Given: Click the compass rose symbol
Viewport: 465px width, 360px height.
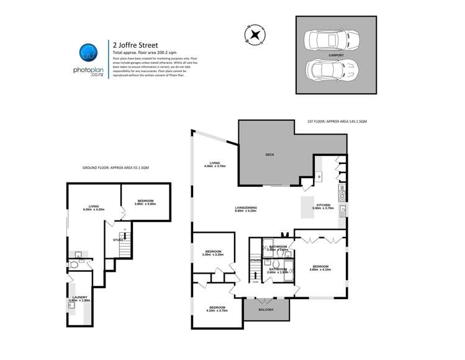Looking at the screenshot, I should point(255,34).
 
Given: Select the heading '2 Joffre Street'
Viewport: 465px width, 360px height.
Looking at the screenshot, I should point(135,45).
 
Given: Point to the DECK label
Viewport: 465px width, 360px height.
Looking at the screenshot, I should point(269,155).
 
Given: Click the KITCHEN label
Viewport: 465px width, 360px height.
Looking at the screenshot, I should point(325,205).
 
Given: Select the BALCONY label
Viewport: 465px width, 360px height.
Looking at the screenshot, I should point(266,309).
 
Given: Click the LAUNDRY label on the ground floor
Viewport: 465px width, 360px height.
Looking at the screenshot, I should point(81,297).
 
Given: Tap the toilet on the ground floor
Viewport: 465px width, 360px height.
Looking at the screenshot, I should point(73,264).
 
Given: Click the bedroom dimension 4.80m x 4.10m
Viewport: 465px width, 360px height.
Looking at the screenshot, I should point(322,270).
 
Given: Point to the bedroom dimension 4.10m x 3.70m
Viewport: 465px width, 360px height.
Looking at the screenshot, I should point(217,310).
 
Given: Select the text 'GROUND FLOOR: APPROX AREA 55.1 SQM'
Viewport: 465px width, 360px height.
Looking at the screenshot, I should point(115,168).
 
